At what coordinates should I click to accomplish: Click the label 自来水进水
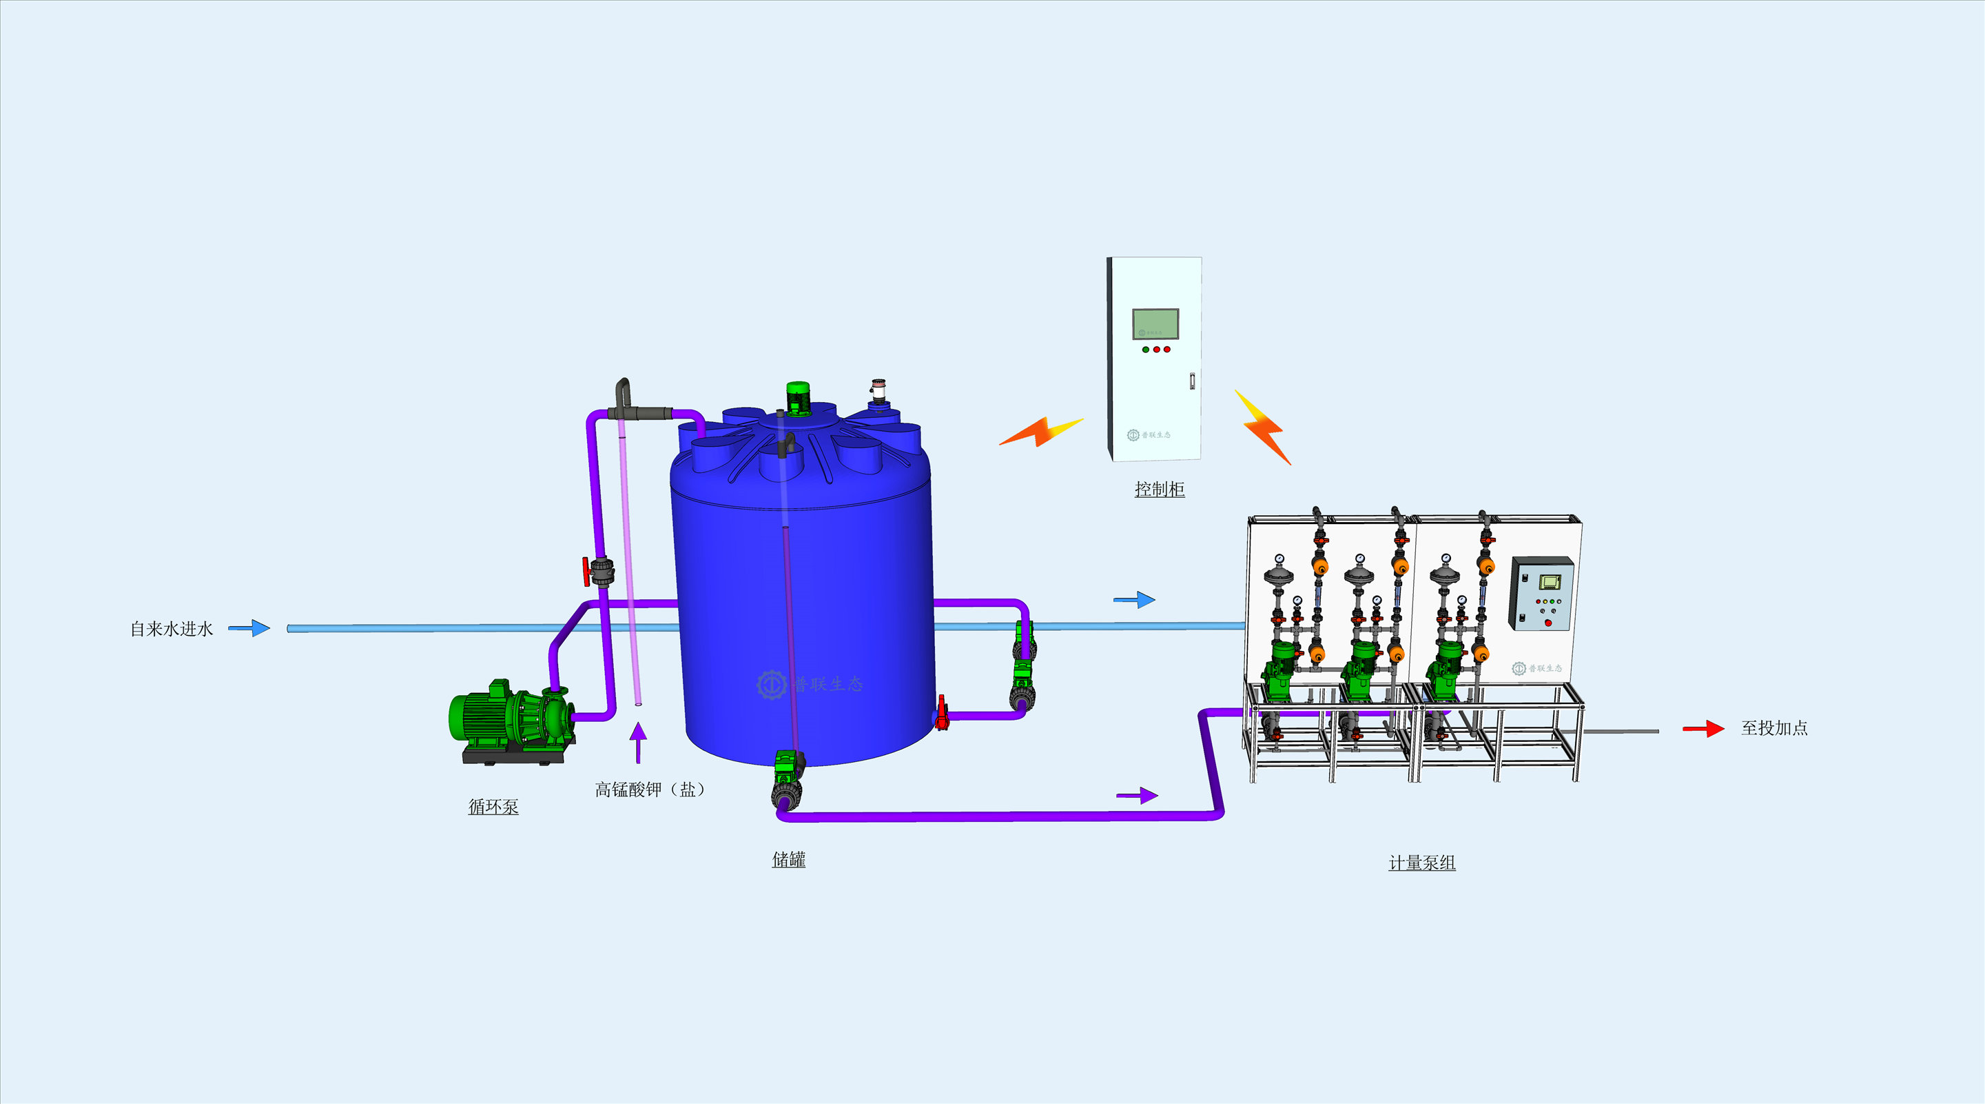pos(171,629)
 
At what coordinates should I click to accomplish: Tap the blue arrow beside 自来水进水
pos(249,628)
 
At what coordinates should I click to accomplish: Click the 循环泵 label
pos(493,806)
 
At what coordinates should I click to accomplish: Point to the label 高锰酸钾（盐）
pos(650,790)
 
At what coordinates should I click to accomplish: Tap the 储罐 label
pos(788,860)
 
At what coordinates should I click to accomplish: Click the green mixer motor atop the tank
pos(798,398)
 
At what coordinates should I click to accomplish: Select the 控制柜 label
pos(1159,489)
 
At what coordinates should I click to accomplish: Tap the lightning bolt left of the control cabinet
pos(1040,431)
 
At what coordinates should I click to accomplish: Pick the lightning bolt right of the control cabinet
pos(1263,426)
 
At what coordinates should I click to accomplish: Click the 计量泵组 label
pos(1421,863)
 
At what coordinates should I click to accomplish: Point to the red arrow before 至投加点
pos(1703,729)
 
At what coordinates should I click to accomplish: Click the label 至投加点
pos(1774,727)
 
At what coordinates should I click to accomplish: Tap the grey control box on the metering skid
pos(1541,594)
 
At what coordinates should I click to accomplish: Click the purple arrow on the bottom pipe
pos(1138,795)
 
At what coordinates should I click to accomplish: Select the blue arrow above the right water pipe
pos(1134,600)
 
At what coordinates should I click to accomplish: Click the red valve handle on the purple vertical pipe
pos(587,571)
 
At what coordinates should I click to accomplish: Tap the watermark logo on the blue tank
pos(772,684)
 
